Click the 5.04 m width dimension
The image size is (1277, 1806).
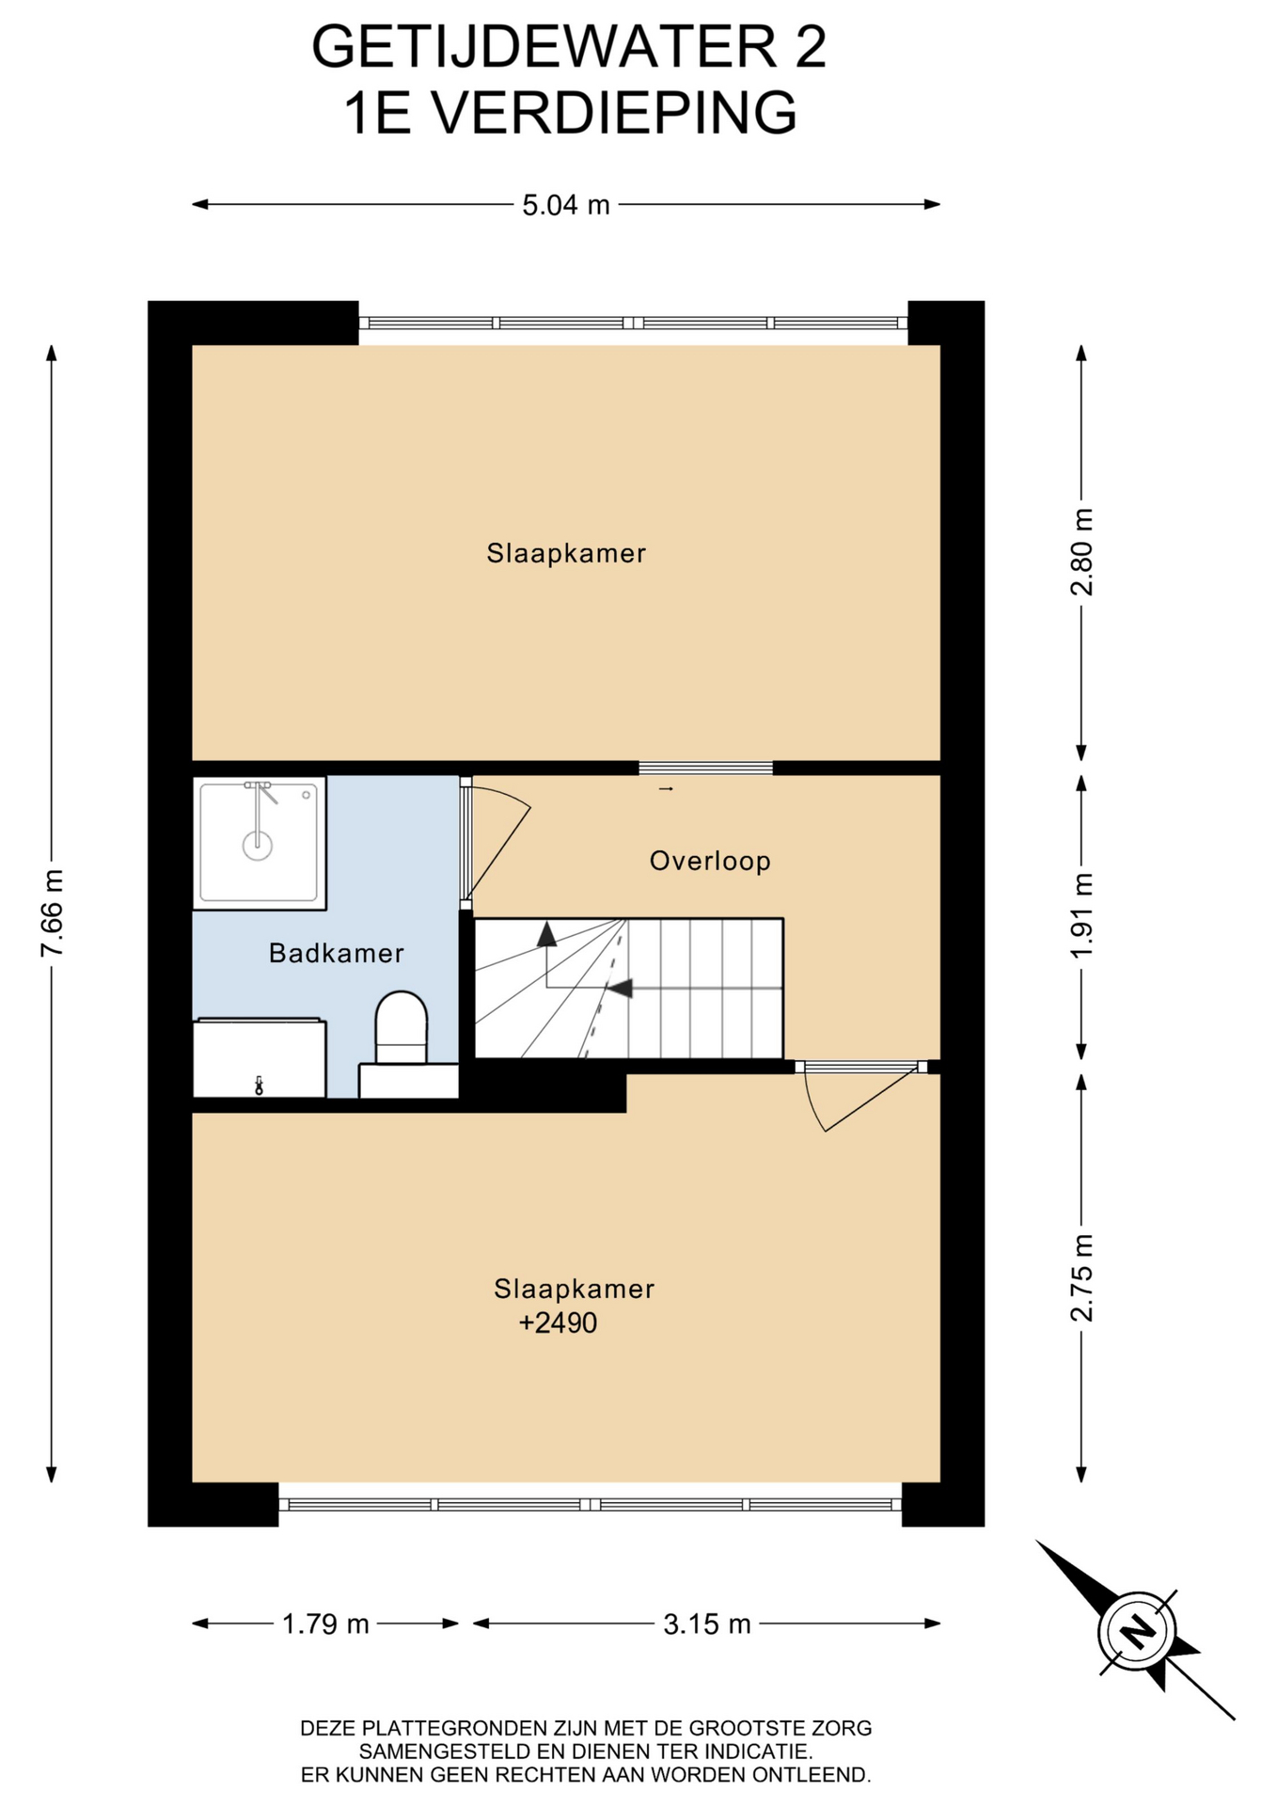(x=566, y=204)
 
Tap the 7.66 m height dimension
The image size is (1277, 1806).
(x=53, y=912)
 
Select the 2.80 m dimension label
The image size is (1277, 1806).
(x=1082, y=552)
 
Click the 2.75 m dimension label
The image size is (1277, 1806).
(x=1082, y=1277)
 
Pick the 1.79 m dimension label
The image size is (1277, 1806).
(x=325, y=1624)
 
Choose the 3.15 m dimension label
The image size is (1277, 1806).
(x=707, y=1624)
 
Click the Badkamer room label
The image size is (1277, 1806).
(x=337, y=953)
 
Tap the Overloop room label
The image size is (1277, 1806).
(x=710, y=861)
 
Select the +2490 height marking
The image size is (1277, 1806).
(x=558, y=1323)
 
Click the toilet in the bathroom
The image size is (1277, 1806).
(x=402, y=1027)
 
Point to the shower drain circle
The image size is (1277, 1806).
(x=258, y=846)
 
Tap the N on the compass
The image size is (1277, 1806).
(x=1138, y=1631)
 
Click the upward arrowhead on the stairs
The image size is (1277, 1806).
(x=546, y=933)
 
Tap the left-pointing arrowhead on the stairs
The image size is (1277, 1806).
(x=620, y=988)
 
